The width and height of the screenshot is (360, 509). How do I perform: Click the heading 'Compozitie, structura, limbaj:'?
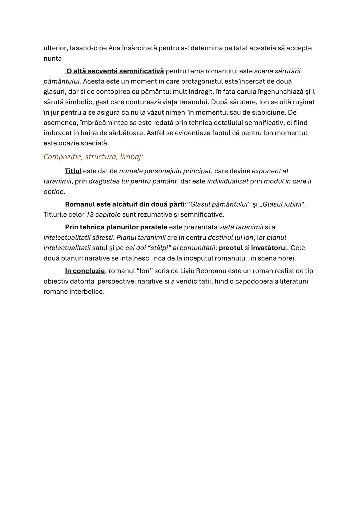pyautogui.click(x=93, y=157)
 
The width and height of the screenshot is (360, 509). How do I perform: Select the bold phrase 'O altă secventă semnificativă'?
pyautogui.click(x=115, y=71)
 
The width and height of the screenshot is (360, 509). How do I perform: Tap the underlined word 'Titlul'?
pyautogui.click(x=73, y=171)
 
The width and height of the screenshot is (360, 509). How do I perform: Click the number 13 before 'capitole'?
pyautogui.click(x=90, y=214)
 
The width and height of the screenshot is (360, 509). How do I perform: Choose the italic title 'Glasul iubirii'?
pyautogui.click(x=282, y=204)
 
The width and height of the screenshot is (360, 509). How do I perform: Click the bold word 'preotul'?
pyautogui.click(x=231, y=248)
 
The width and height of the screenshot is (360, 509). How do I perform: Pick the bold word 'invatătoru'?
pyautogui.click(x=265, y=248)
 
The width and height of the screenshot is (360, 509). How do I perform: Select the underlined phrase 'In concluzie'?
pyautogui.click(x=85, y=271)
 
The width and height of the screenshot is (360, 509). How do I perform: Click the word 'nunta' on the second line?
pyautogui.click(x=53, y=58)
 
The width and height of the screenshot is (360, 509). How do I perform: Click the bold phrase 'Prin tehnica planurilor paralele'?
pyautogui.click(x=116, y=227)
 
